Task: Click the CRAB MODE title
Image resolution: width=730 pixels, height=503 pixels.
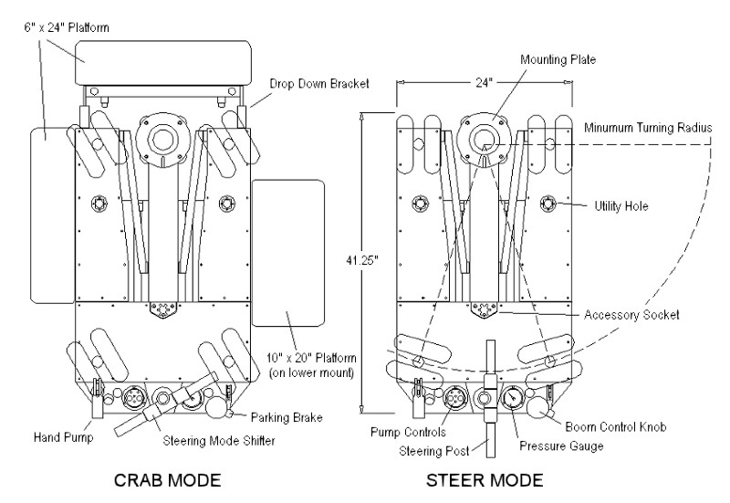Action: [167, 480]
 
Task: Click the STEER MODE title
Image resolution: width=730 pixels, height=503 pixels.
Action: [485, 480]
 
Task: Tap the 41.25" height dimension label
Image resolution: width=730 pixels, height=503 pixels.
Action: [360, 260]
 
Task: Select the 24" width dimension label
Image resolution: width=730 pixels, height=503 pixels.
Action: [484, 82]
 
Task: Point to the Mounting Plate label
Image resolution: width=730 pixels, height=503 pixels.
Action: [558, 59]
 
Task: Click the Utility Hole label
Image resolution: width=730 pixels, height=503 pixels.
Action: [621, 206]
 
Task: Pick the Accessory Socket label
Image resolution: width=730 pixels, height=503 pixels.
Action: [631, 315]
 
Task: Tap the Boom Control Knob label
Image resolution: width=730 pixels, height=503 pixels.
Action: [615, 426]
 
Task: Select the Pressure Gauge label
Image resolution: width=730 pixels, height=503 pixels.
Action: [561, 446]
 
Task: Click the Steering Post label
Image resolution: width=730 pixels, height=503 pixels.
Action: [434, 451]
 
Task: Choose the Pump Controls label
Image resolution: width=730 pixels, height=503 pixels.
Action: [408, 432]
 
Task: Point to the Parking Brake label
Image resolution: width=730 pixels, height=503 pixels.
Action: [287, 417]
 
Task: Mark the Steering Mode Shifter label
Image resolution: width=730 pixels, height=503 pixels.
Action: [219, 441]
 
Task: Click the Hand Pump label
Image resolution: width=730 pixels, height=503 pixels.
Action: [63, 437]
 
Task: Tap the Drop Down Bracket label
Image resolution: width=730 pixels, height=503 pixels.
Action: [319, 84]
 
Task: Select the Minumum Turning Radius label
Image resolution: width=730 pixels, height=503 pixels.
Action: [648, 128]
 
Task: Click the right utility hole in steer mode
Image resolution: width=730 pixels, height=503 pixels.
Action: [548, 204]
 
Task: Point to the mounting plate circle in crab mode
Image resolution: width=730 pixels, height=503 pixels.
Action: [163, 138]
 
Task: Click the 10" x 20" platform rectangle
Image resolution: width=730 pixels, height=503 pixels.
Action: [287, 254]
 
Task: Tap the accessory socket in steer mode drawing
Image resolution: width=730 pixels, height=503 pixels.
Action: [485, 309]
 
